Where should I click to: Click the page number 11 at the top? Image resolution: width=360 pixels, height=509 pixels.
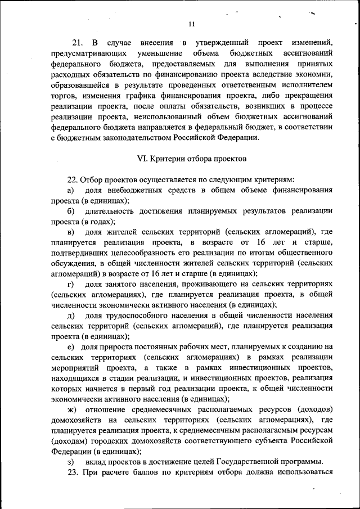(191, 24)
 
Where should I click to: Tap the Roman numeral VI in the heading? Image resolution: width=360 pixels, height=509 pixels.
(142, 159)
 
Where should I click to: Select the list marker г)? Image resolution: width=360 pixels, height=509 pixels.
(71, 284)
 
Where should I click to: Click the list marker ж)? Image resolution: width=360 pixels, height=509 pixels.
(72, 408)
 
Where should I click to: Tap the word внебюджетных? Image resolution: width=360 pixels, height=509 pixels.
(137, 190)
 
